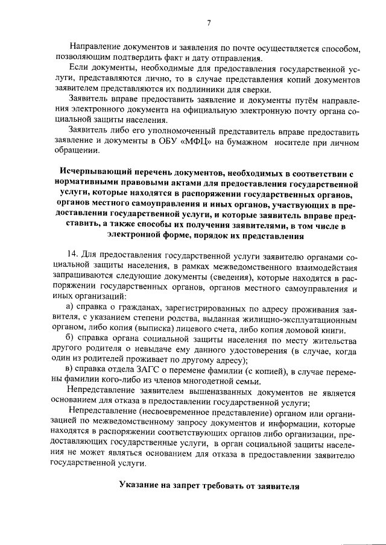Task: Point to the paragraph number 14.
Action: tap(75, 254)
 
